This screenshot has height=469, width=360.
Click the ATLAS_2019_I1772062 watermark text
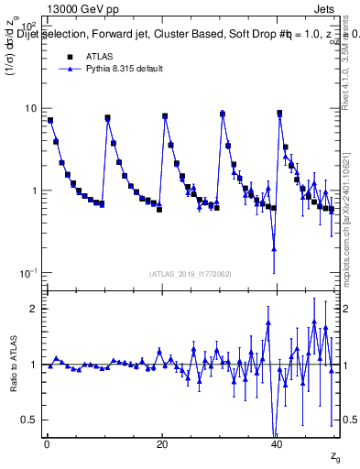[191, 273]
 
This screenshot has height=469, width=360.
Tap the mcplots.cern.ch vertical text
[352, 211]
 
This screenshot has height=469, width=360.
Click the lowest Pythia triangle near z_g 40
[274, 248]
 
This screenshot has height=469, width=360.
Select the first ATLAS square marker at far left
[50, 120]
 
